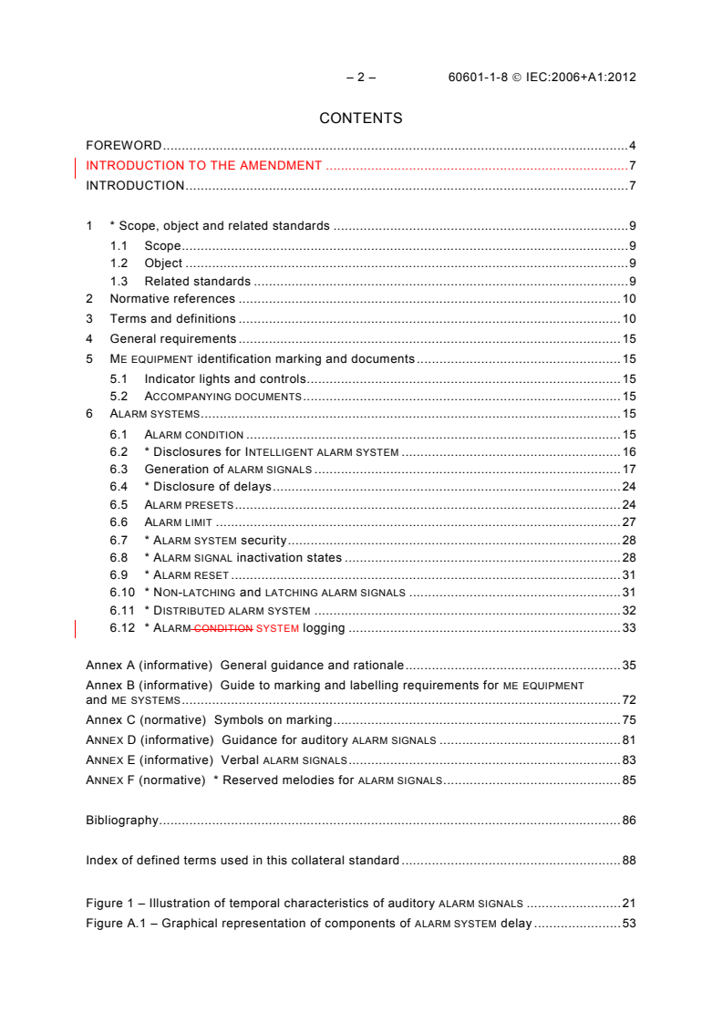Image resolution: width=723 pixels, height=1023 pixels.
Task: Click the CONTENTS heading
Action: pyautogui.click(x=360, y=119)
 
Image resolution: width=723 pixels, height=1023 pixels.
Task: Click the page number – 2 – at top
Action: pyautogui.click(x=361, y=77)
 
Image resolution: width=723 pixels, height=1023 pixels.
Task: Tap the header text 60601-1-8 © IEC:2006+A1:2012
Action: pyautogui.click(x=542, y=77)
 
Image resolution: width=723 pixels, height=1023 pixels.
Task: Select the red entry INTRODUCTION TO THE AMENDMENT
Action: pyautogui.click(x=203, y=166)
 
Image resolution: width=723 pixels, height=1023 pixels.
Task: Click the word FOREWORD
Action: pyautogui.click(x=123, y=146)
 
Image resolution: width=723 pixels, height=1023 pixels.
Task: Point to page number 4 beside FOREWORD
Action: pyautogui.click(x=632, y=146)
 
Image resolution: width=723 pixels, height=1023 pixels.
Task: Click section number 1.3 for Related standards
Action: pyautogui.click(x=119, y=282)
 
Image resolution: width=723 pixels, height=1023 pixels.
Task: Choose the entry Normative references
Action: pyautogui.click(x=172, y=299)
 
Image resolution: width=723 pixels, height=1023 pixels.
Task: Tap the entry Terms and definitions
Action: pyautogui.click(x=172, y=319)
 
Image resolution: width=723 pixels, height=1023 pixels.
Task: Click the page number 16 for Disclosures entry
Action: pyautogui.click(x=628, y=452)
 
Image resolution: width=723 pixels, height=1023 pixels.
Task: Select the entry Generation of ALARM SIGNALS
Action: pyautogui.click(x=228, y=470)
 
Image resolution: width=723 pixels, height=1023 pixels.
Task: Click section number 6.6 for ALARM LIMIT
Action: pyautogui.click(x=119, y=522)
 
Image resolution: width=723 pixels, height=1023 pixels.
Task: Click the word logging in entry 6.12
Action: pyautogui.click(x=324, y=628)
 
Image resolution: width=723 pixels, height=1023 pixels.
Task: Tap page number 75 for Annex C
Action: pyautogui.click(x=628, y=720)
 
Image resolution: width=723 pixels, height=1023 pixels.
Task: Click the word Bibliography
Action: pyautogui.click(x=122, y=821)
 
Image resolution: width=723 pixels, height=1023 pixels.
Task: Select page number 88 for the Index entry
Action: pyautogui.click(x=628, y=861)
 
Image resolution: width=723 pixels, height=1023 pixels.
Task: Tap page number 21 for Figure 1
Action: pyautogui.click(x=628, y=904)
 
